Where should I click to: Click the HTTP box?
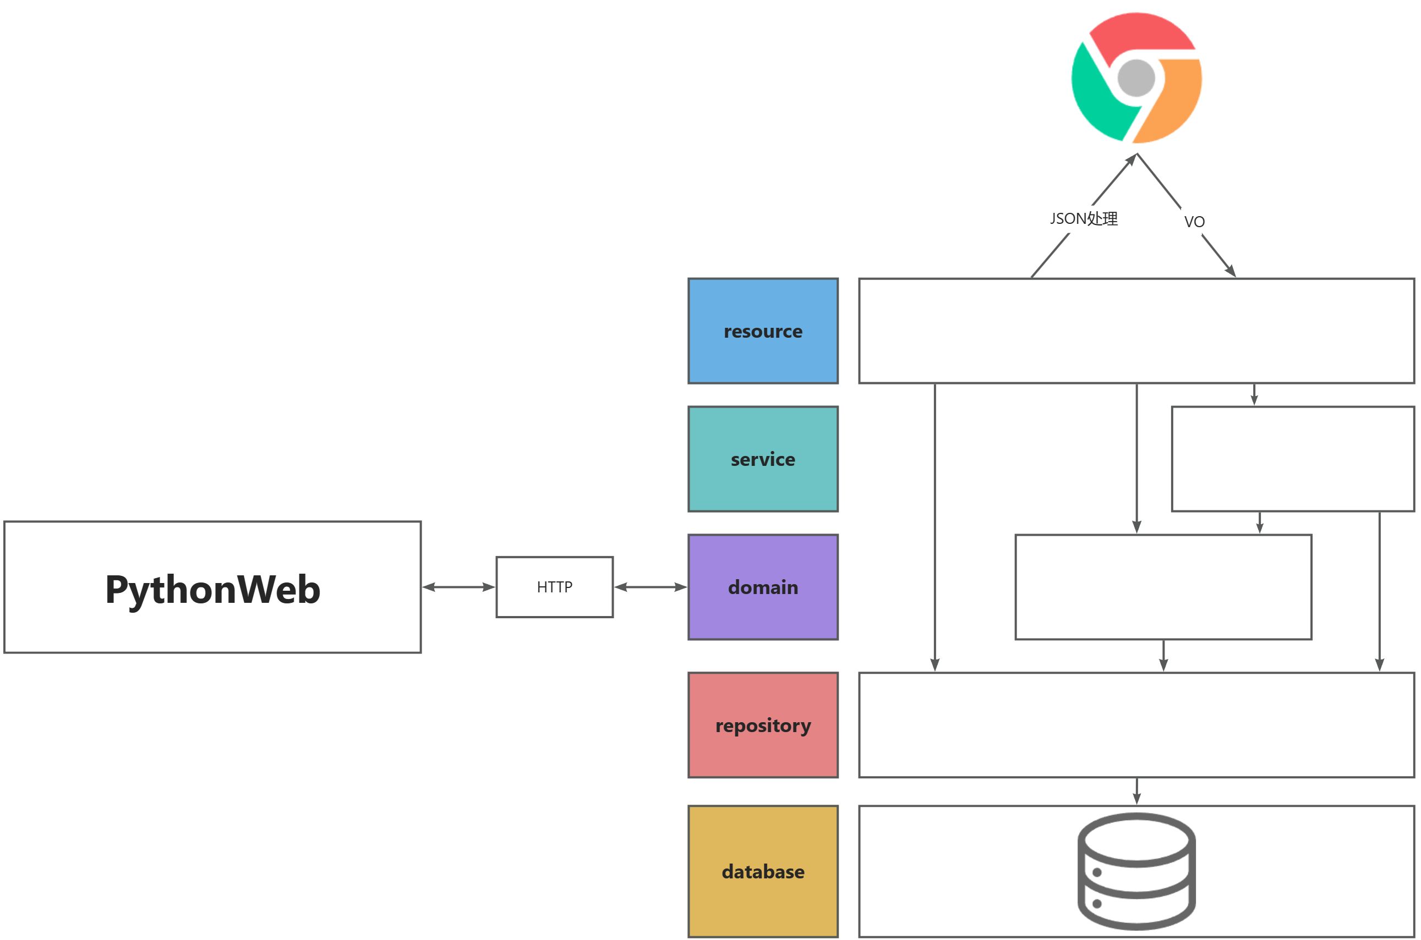pos(554,587)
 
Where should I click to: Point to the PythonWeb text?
pos(212,589)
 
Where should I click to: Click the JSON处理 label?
pos(1083,219)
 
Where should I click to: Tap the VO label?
pos(1194,222)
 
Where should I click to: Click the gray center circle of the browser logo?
pos(1136,78)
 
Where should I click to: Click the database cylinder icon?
pos(1136,871)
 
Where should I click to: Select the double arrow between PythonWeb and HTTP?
pos(458,587)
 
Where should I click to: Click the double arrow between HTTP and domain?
pos(650,587)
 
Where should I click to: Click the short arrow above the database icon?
pos(1136,791)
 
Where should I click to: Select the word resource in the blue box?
pos(762,332)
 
